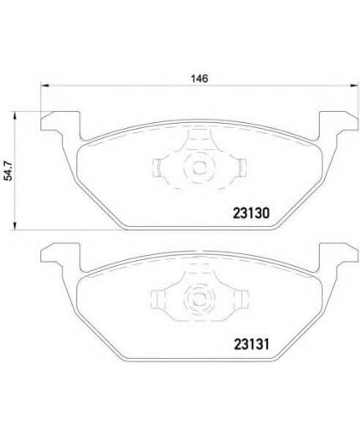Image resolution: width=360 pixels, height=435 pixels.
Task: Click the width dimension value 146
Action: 199,79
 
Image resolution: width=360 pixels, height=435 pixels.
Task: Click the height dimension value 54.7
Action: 9,171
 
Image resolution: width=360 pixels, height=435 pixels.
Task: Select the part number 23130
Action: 251,213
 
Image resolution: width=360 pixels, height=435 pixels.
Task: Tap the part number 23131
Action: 251,345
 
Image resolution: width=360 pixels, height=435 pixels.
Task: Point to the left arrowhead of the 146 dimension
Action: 44,86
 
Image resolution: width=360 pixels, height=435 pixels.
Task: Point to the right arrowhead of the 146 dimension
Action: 354,86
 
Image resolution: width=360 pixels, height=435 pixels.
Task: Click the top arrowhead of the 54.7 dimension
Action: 14,116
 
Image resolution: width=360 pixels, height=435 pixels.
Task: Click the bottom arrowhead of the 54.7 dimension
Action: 14,226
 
